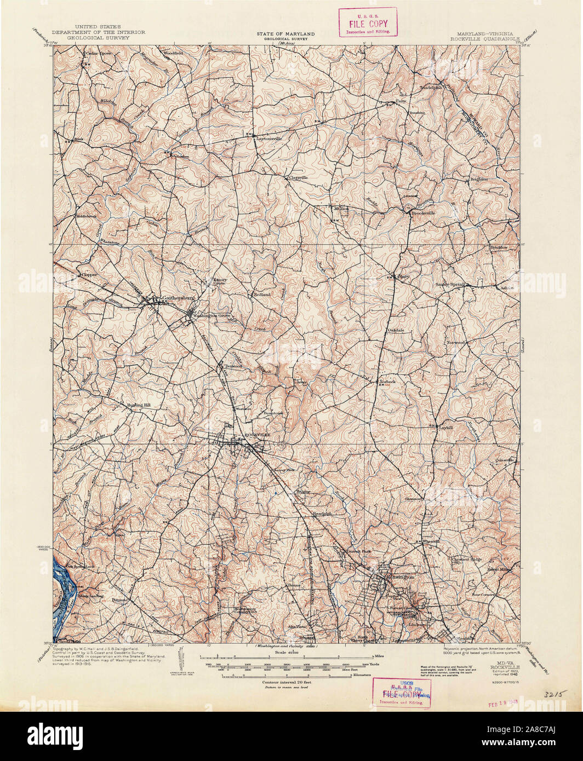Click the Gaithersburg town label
pyautogui.click(x=179, y=298)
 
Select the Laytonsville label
pyautogui.click(x=270, y=139)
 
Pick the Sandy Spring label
pyautogui.click(x=449, y=285)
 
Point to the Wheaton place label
pyautogui.click(x=432, y=541)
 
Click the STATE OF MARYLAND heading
pyautogui.click(x=283, y=34)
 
